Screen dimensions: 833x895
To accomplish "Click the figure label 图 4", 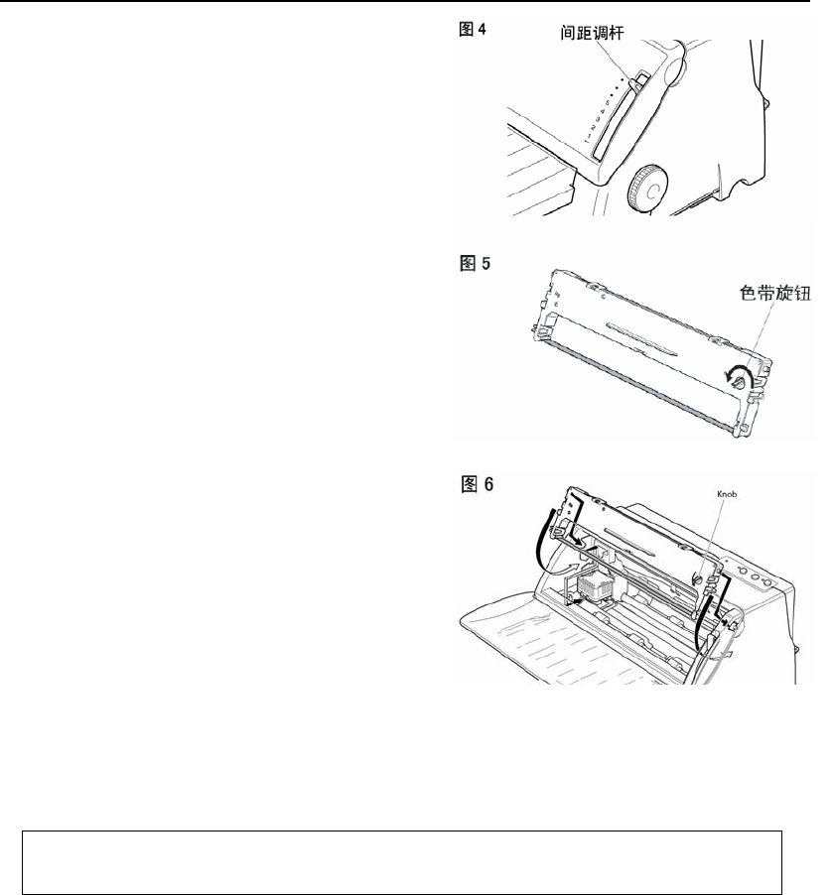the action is [x=472, y=30].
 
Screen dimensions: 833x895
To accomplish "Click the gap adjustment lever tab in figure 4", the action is [x=641, y=80].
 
